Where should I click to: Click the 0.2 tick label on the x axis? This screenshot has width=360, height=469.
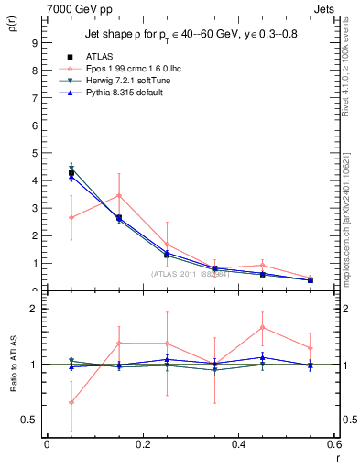point(143,444)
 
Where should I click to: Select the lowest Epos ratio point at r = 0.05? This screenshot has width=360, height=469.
point(71,402)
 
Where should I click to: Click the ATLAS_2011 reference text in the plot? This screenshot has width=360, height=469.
point(189,273)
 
